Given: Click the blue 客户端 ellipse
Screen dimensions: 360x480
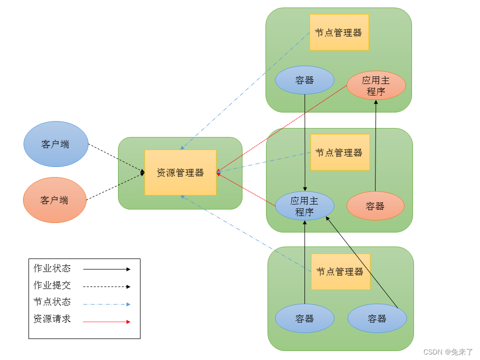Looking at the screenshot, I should tap(55, 144).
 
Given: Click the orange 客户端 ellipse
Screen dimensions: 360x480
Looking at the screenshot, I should tap(54, 200).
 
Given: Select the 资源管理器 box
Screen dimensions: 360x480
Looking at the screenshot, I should tap(180, 172).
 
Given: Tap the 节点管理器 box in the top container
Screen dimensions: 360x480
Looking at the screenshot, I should tap(339, 32).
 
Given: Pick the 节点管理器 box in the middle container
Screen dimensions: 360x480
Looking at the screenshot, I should tap(339, 152).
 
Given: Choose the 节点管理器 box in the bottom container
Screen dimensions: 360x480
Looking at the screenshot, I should tap(340, 271).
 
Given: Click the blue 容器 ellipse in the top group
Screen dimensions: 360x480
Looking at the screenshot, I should tap(304, 80).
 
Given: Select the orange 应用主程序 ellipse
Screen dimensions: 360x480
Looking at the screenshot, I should tap(376, 85).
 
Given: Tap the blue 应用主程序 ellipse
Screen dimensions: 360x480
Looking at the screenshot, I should tap(304, 206).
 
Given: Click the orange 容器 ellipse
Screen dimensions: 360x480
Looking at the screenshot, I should tap(375, 205).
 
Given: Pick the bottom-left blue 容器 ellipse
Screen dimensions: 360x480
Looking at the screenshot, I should tap(304, 318).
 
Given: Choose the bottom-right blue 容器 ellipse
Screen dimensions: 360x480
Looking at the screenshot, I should tap(376, 318).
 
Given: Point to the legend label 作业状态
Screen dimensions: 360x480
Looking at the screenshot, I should tap(52, 268).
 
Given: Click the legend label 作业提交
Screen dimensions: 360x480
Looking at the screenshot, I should tap(52, 285).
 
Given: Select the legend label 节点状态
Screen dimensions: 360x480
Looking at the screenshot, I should tap(52, 302).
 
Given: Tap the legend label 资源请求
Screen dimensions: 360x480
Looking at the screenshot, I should tap(52, 319).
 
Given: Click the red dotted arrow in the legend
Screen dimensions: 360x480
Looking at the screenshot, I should tap(106, 322).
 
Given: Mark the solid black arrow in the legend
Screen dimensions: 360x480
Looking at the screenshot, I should tap(106, 269).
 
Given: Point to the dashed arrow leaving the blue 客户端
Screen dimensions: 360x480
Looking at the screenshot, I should tap(115, 158).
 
